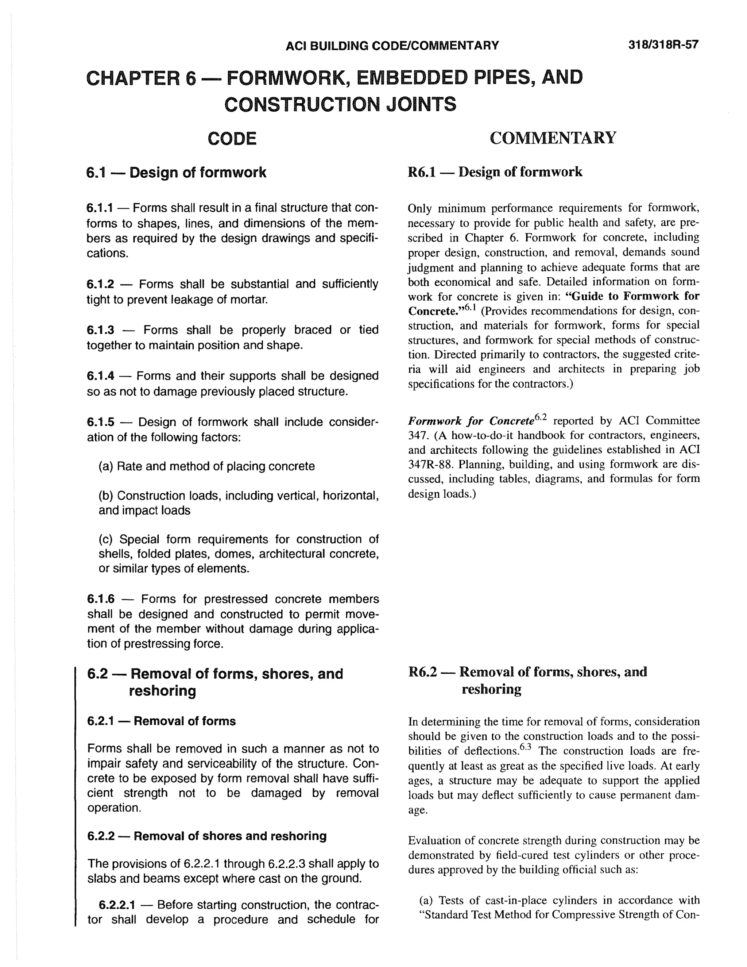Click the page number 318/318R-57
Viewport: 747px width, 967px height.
[x=663, y=45]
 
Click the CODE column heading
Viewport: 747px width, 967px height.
[x=232, y=139]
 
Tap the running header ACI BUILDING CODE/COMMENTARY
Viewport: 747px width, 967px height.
[x=392, y=46]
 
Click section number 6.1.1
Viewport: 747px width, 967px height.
[x=100, y=208]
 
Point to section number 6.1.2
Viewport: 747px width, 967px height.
[x=100, y=284]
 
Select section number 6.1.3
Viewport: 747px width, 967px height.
[x=100, y=330]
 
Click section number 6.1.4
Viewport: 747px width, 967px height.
[x=100, y=376]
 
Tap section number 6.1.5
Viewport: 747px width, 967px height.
[x=100, y=422]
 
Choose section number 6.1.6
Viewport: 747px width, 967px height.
[x=100, y=599]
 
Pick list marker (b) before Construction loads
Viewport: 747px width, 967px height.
[x=106, y=496]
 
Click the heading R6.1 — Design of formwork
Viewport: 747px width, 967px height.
[x=495, y=172]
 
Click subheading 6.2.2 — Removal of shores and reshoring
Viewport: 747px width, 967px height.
[x=207, y=836]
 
